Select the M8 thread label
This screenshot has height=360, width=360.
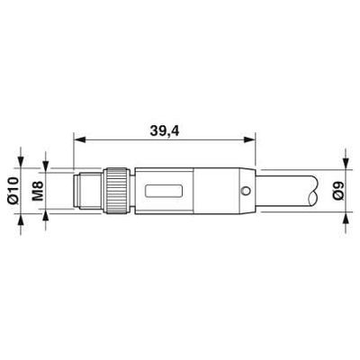tap(38, 190)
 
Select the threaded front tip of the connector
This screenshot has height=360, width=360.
tap(85, 190)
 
